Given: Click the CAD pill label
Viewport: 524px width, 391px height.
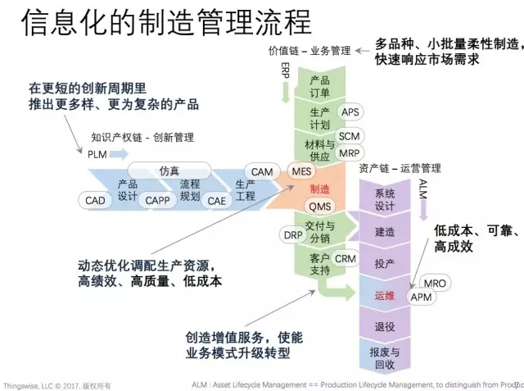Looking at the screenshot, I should click(x=96, y=201).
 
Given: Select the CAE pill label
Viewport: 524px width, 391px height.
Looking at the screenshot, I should click(x=216, y=201).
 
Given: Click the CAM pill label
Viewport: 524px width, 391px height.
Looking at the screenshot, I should click(x=262, y=172).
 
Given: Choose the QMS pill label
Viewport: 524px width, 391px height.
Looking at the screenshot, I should click(x=318, y=207).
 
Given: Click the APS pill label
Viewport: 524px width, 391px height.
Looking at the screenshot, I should click(x=350, y=112).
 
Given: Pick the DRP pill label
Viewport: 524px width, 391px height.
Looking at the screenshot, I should click(x=293, y=234).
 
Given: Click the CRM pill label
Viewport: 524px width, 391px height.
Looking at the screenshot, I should click(x=346, y=259).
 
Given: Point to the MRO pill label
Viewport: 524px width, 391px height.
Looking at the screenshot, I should click(x=436, y=284).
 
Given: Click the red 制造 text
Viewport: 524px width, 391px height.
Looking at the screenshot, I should click(x=320, y=189).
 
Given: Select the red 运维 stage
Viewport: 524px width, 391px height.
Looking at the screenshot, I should click(x=384, y=295).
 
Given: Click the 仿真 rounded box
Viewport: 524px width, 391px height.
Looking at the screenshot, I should click(x=169, y=171).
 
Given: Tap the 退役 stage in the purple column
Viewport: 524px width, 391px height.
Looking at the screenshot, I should click(x=385, y=326).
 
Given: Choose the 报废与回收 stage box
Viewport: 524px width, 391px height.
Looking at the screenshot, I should click(x=385, y=358).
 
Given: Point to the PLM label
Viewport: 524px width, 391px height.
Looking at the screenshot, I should click(x=97, y=153).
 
